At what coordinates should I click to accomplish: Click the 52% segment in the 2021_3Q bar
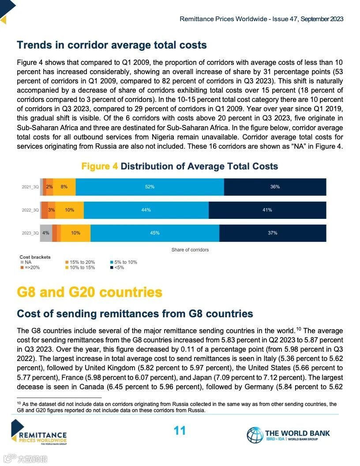click(x=150, y=187)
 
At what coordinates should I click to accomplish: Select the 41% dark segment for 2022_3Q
click(x=267, y=210)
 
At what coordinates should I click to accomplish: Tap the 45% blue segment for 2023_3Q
click(x=155, y=233)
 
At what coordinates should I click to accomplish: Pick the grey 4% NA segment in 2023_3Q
click(x=46, y=233)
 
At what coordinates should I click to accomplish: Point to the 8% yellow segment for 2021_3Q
click(x=64, y=187)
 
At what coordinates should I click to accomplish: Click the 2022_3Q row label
click(x=30, y=210)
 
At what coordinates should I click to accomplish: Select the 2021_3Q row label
click(x=30, y=187)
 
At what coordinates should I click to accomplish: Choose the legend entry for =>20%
click(x=31, y=267)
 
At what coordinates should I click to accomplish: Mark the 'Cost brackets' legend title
click(x=35, y=257)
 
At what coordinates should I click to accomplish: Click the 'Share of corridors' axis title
click(x=190, y=250)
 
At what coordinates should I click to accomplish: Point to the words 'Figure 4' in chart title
click(x=100, y=166)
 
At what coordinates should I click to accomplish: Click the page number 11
click(x=180, y=431)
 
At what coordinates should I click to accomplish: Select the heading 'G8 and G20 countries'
click(x=90, y=292)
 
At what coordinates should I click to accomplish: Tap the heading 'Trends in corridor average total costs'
click(x=112, y=45)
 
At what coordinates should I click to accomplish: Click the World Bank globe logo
click(x=255, y=435)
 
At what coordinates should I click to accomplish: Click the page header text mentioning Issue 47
click(x=261, y=19)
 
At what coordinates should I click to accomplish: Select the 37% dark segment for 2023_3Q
click(x=273, y=233)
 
